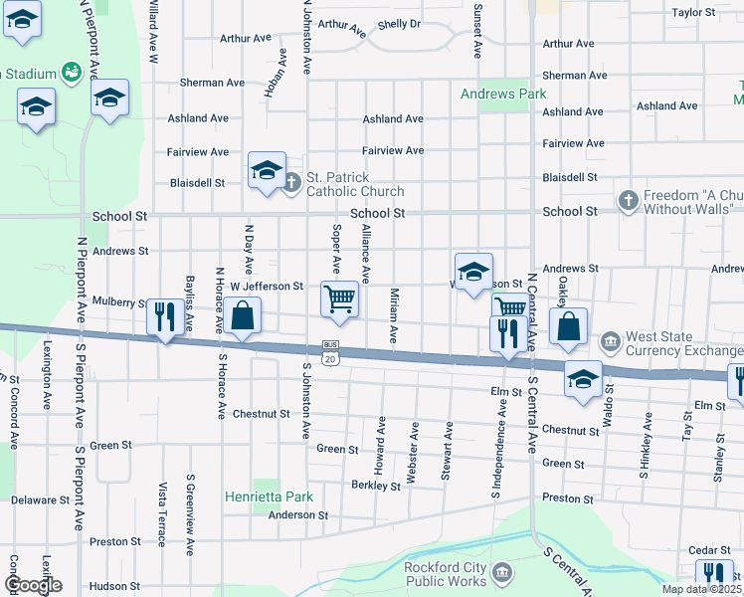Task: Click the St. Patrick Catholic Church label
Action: (x=355, y=184)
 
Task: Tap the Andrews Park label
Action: (x=503, y=94)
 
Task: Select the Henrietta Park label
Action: (x=269, y=497)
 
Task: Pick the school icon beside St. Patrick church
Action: (x=267, y=170)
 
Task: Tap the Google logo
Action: (x=32, y=585)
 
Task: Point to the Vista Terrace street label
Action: (x=161, y=507)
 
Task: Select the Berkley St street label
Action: (x=376, y=485)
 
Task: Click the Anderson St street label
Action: (x=297, y=514)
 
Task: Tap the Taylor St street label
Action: (x=693, y=13)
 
